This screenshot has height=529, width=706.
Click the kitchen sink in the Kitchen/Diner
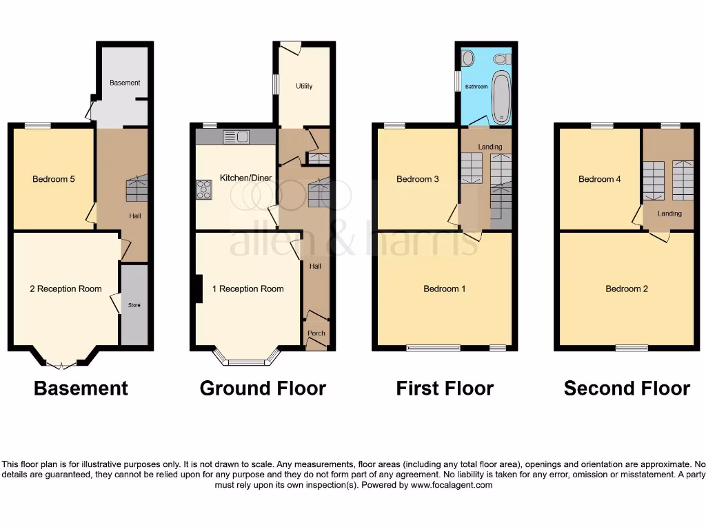point(235,137)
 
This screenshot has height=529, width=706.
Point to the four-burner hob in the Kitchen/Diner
point(205,189)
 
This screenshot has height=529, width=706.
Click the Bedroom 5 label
point(54,179)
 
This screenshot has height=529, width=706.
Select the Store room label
point(134,304)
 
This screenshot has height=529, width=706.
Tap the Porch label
point(316,333)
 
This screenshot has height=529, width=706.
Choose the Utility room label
point(304,86)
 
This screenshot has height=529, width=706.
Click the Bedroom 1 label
point(444,289)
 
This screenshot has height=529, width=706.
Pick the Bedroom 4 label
point(600,179)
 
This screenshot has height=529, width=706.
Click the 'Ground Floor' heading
point(263,388)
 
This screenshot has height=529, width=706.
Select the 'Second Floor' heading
point(627,388)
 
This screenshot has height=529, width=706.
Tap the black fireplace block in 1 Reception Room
point(199,289)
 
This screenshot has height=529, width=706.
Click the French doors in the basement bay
point(62,365)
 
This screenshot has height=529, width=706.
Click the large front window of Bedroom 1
point(434,349)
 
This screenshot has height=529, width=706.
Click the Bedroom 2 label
point(627,289)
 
